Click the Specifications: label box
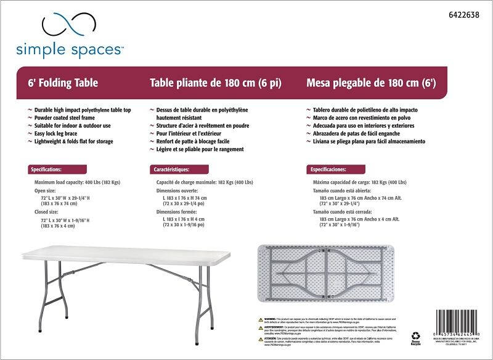(46, 169)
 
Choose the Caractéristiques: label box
(171, 169)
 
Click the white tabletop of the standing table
(123, 255)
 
